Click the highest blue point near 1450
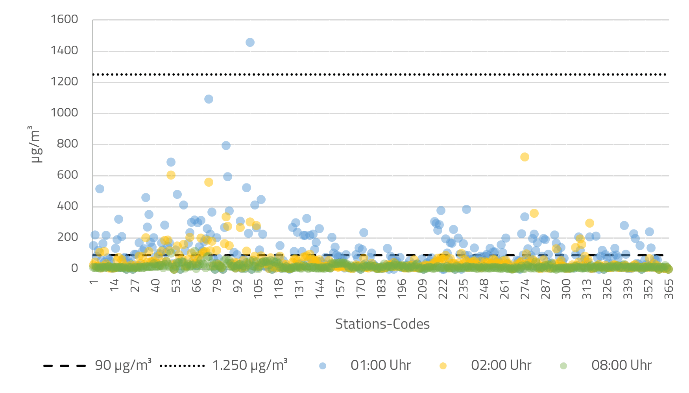click(x=250, y=43)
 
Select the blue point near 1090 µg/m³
click(x=209, y=99)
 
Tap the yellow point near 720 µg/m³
click(x=525, y=157)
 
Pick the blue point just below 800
click(x=226, y=146)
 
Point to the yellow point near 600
click(x=171, y=175)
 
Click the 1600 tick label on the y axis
click(x=65, y=19)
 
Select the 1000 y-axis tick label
click(x=65, y=113)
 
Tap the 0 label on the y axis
click(x=74, y=268)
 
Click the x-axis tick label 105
click(x=258, y=289)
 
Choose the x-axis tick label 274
click(x=525, y=289)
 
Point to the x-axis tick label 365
click(x=669, y=289)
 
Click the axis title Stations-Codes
click(x=382, y=324)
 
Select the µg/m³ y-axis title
click(x=35, y=144)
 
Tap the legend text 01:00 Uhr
click(x=381, y=365)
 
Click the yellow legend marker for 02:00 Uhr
click(x=443, y=366)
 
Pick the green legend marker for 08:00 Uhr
click(x=563, y=366)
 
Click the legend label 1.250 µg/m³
click(x=250, y=365)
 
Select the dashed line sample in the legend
click(x=65, y=366)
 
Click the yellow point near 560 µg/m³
click(x=209, y=182)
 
